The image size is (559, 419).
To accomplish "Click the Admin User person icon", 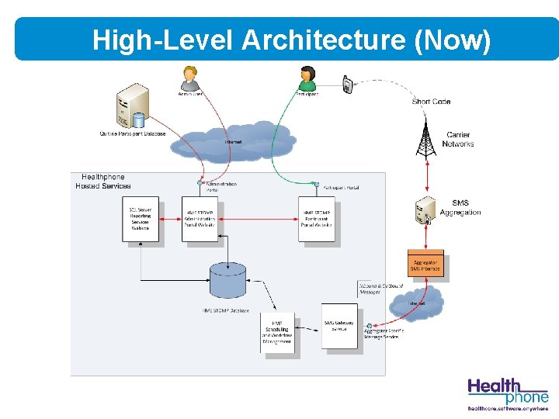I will click(x=190, y=78).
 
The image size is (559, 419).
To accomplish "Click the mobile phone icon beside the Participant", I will click(x=347, y=84).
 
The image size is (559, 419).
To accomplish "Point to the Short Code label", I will click(x=431, y=102).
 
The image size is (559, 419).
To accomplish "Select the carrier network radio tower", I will click(x=425, y=140).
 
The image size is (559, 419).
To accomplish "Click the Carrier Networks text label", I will click(x=457, y=140).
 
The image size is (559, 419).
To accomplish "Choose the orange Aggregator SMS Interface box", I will click(x=425, y=263).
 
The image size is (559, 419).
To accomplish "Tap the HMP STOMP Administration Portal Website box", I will click(x=201, y=221).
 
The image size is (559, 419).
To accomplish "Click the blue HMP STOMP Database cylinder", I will click(x=228, y=280).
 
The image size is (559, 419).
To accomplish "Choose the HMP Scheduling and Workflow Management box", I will click(x=277, y=332).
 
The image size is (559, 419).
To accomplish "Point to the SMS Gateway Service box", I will click(x=339, y=326).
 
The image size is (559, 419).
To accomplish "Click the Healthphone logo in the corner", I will click(x=507, y=393).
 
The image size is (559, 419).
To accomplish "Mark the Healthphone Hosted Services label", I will click(x=103, y=182).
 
